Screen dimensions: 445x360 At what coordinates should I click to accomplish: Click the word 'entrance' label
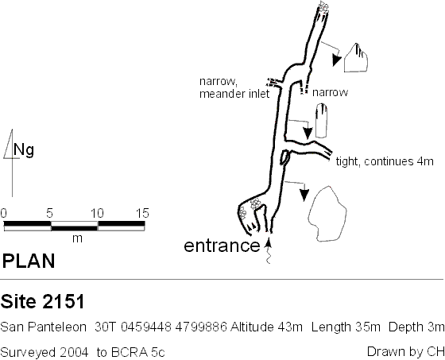pyautogui.click(x=222, y=246)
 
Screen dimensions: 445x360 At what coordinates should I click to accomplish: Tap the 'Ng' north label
pyautogui.click(x=24, y=150)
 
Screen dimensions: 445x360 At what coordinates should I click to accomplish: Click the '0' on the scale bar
pyautogui.click(x=4, y=213)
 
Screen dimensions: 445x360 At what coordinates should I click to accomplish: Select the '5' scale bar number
pyautogui.click(x=49, y=213)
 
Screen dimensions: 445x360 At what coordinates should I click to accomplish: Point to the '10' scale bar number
pyautogui.click(x=97, y=213)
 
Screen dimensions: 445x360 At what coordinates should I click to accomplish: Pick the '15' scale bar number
pyautogui.click(x=142, y=213)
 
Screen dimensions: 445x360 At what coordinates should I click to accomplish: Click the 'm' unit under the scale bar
pyautogui.click(x=77, y=238)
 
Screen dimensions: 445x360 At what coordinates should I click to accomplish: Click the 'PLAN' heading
pyautogui.click(x=29, y=261)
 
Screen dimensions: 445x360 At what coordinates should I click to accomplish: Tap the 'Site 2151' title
pyautogui.click(x=43, y=301)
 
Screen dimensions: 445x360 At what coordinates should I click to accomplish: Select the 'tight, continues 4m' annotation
pyautogui.click(x=385, y=161)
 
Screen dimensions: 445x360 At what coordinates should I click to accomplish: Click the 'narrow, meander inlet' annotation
pyautogui.click(x=234, y=87)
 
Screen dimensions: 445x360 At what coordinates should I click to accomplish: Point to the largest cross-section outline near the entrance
pyautogui.click(x=327, y=214)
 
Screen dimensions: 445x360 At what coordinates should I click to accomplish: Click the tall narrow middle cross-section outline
pyautogui.click(x=321, y=121)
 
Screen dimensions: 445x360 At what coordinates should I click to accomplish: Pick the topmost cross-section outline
pyautogui.click(x=356, y=58)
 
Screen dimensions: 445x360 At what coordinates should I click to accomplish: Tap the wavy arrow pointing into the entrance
pyautogui.click(x=269, y=251)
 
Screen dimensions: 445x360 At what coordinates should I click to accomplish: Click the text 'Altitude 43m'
pyautogui.click(x=266, y=327)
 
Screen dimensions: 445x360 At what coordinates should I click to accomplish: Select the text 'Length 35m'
pyautogui.click(x=346, y=327)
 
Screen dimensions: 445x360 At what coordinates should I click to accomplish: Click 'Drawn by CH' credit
pyautogui.click(x=405, y=352)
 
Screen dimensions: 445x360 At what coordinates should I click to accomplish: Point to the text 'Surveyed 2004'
pyautogui.click(x=44, y=352)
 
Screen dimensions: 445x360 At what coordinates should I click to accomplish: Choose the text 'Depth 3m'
pyautogui.click(x=416, y=327)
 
